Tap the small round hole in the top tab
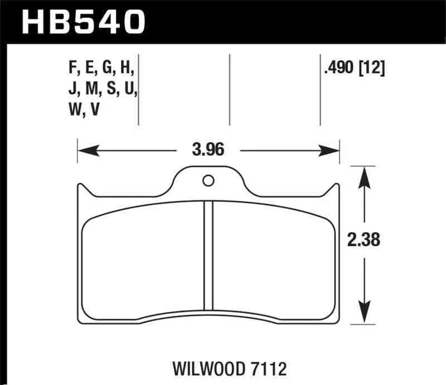click(x=208, y=181)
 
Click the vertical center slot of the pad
click(x=209, y=255)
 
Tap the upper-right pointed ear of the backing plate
click(x=336, y=188)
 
